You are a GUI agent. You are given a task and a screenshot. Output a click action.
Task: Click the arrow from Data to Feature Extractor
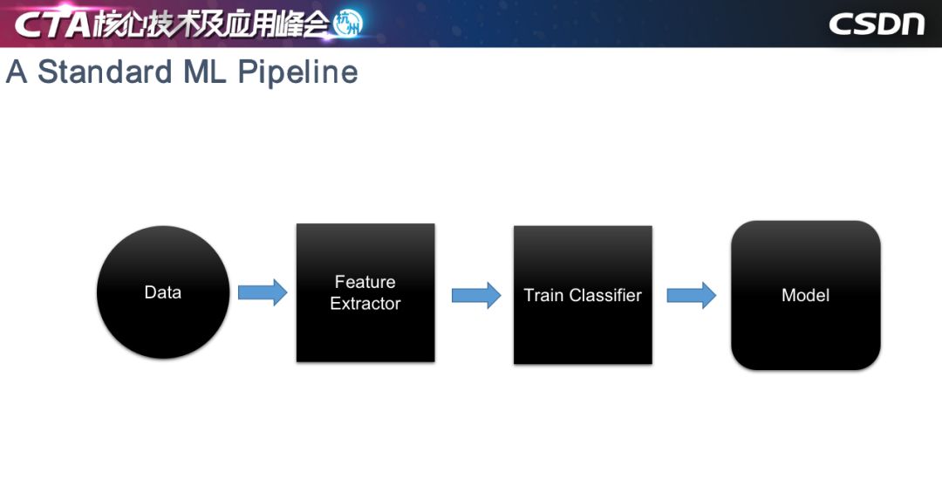(263, 292)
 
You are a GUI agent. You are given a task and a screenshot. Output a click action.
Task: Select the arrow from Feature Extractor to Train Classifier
(476, 295)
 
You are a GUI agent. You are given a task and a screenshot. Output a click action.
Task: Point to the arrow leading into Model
(692, 295)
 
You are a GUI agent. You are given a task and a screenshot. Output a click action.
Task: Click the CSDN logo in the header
(876, 24)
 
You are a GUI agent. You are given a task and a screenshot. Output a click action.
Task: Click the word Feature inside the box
(365, 282)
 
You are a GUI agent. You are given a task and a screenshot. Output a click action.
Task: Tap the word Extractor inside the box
(365, 304)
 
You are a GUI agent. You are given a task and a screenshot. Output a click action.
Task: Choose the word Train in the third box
(543, 295)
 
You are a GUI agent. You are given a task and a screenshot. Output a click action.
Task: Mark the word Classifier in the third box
(604, 295)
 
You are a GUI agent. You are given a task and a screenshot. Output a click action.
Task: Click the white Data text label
(162, 292)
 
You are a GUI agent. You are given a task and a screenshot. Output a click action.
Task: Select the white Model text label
(805, 295)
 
